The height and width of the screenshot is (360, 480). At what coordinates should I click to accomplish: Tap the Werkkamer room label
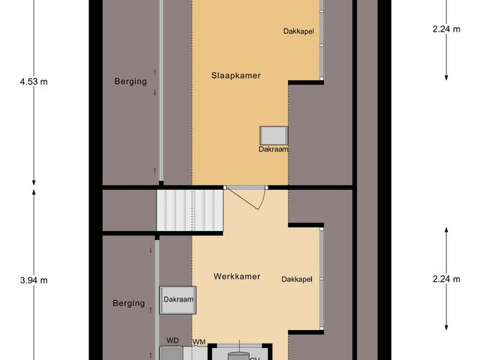[236, 277]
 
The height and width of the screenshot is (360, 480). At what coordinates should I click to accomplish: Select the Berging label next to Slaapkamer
[130, 81]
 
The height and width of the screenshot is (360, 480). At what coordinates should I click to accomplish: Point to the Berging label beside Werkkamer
[128, 303]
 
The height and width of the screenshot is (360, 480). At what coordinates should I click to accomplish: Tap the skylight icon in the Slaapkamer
[273, 135]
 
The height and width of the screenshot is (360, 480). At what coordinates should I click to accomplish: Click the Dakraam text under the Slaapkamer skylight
[273, 149]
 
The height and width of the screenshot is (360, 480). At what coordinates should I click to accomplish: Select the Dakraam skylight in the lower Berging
[178, 298]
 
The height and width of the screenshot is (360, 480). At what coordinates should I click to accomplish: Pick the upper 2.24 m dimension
[447, 30]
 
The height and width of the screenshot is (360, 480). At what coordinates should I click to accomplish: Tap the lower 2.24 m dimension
[447, 278]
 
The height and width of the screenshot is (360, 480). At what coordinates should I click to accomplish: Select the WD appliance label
[172, 340]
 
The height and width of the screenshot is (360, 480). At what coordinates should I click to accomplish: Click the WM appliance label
[199, 342]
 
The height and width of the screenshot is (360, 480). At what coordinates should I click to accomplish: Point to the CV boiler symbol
[238, 352]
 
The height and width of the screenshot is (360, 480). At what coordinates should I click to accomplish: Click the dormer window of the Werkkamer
[322, 277]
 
